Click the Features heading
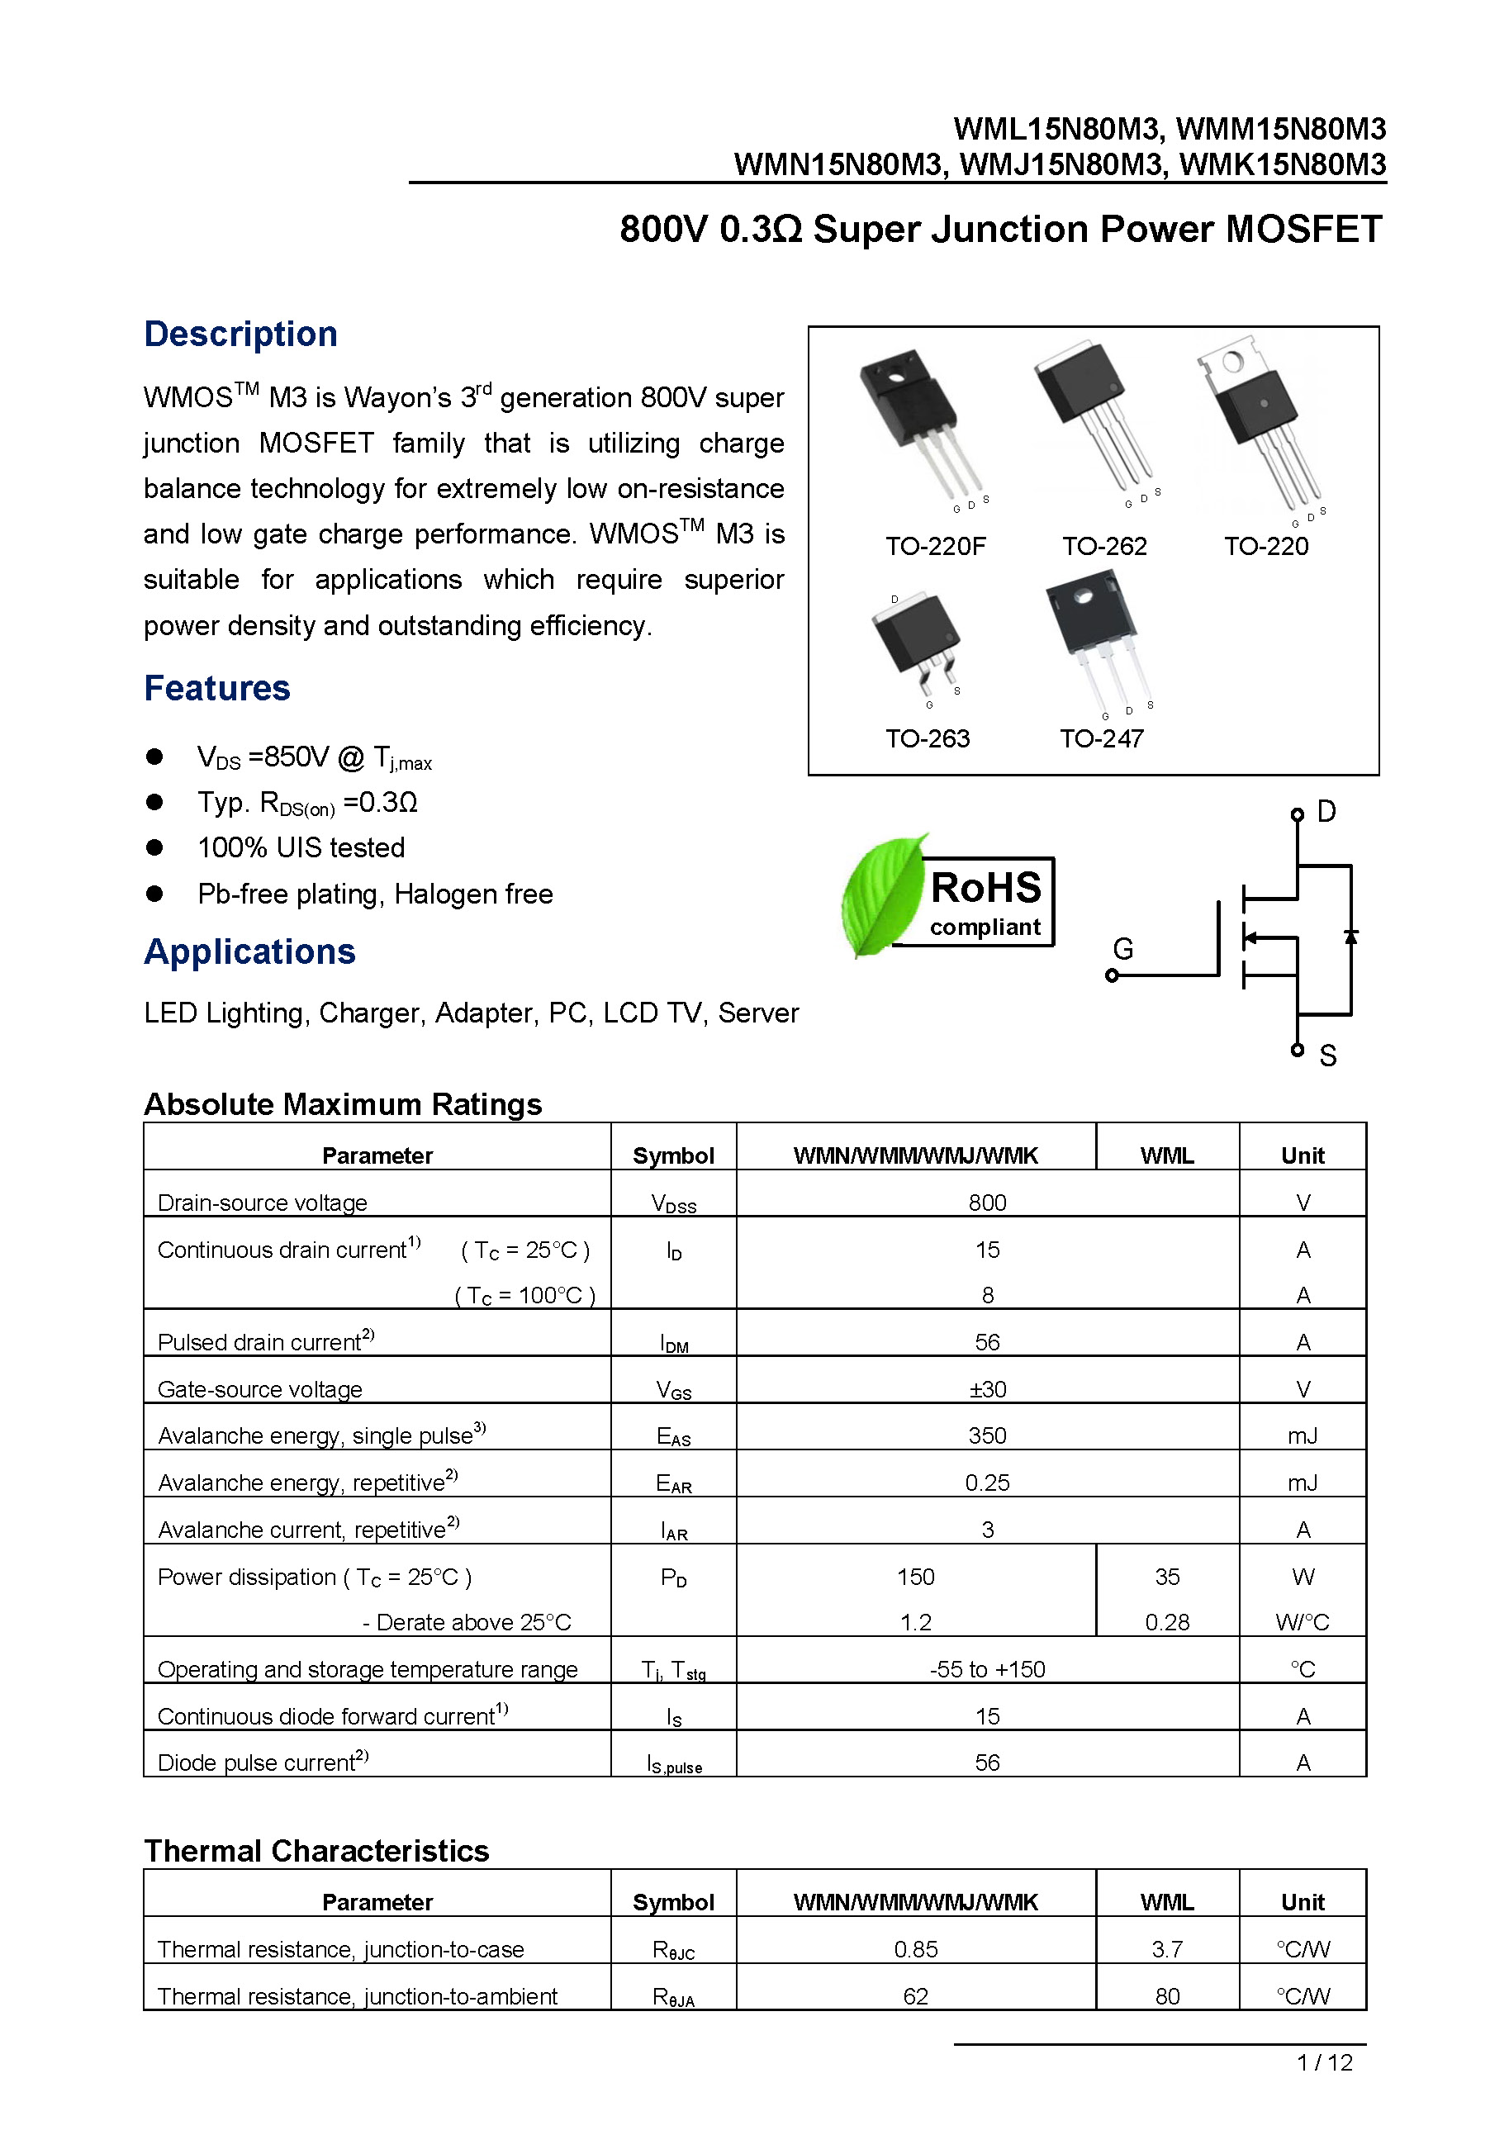[x=216, y=688]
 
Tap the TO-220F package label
[x=934, y=546]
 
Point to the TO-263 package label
[x=927, y=738]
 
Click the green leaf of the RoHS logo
[x=880, y=894]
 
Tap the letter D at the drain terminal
[x=1326, y=812]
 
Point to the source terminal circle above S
[x=1297, y=1050]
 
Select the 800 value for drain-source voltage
[x=986, y=1203]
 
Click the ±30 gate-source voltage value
[x=986, y=1389]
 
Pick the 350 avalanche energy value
[x=986, y=1435]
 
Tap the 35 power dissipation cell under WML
[x=1167, y=1576]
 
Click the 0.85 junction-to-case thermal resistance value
[x=915, y=1949]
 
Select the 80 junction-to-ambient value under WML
[x=1167, y=1995]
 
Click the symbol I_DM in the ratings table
[x=673, y=1344]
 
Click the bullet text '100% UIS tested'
[x=301, y=847]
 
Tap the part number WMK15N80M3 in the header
[x=1282, y=164]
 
